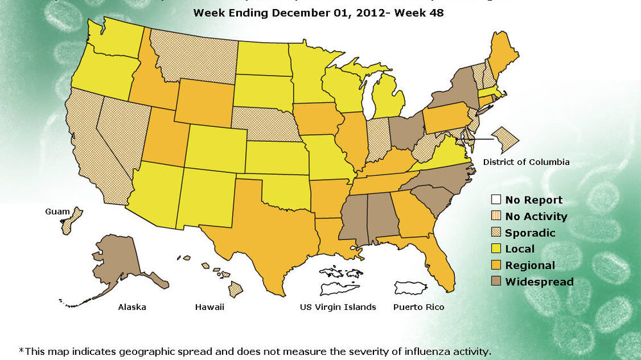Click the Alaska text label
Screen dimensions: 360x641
pos(132,307)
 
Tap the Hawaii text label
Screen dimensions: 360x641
pos(210,307)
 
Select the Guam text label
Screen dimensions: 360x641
pos(57,211)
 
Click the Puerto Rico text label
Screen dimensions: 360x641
pos(418,307)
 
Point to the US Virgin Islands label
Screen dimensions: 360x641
pos(338,307)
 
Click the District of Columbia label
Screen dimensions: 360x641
pos(526,162)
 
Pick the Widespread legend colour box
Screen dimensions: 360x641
pos(495,282)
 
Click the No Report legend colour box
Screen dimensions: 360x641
pos(495,200)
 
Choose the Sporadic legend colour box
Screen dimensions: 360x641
pos(495,233)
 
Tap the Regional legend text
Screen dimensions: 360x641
pos(530,266)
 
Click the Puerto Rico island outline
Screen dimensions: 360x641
pos(411,287)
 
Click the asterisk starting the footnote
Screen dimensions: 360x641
pos(21,350)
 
